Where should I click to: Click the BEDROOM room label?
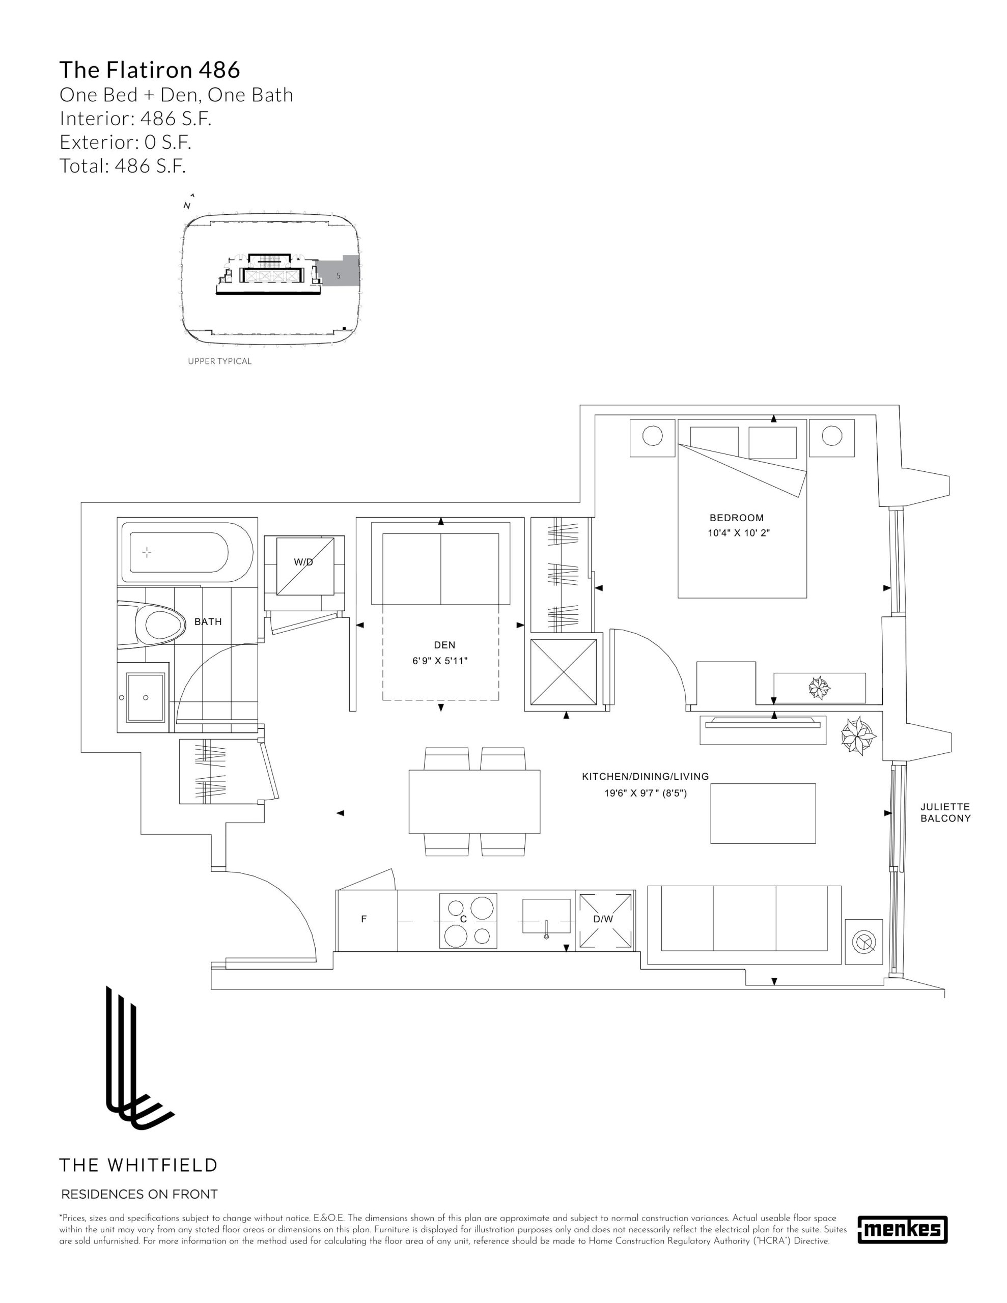point(736,518)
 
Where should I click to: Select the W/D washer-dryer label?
point(303,562)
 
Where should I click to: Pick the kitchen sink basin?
point(546,916)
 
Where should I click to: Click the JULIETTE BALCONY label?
point(945,812)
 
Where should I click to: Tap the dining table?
point(474,801)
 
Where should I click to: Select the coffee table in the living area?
point(763,813)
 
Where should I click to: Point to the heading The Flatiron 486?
point(150,70)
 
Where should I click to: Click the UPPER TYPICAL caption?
point(219,361)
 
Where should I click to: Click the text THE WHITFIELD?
point(138,1165)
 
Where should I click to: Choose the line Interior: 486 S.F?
point(135,119)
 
